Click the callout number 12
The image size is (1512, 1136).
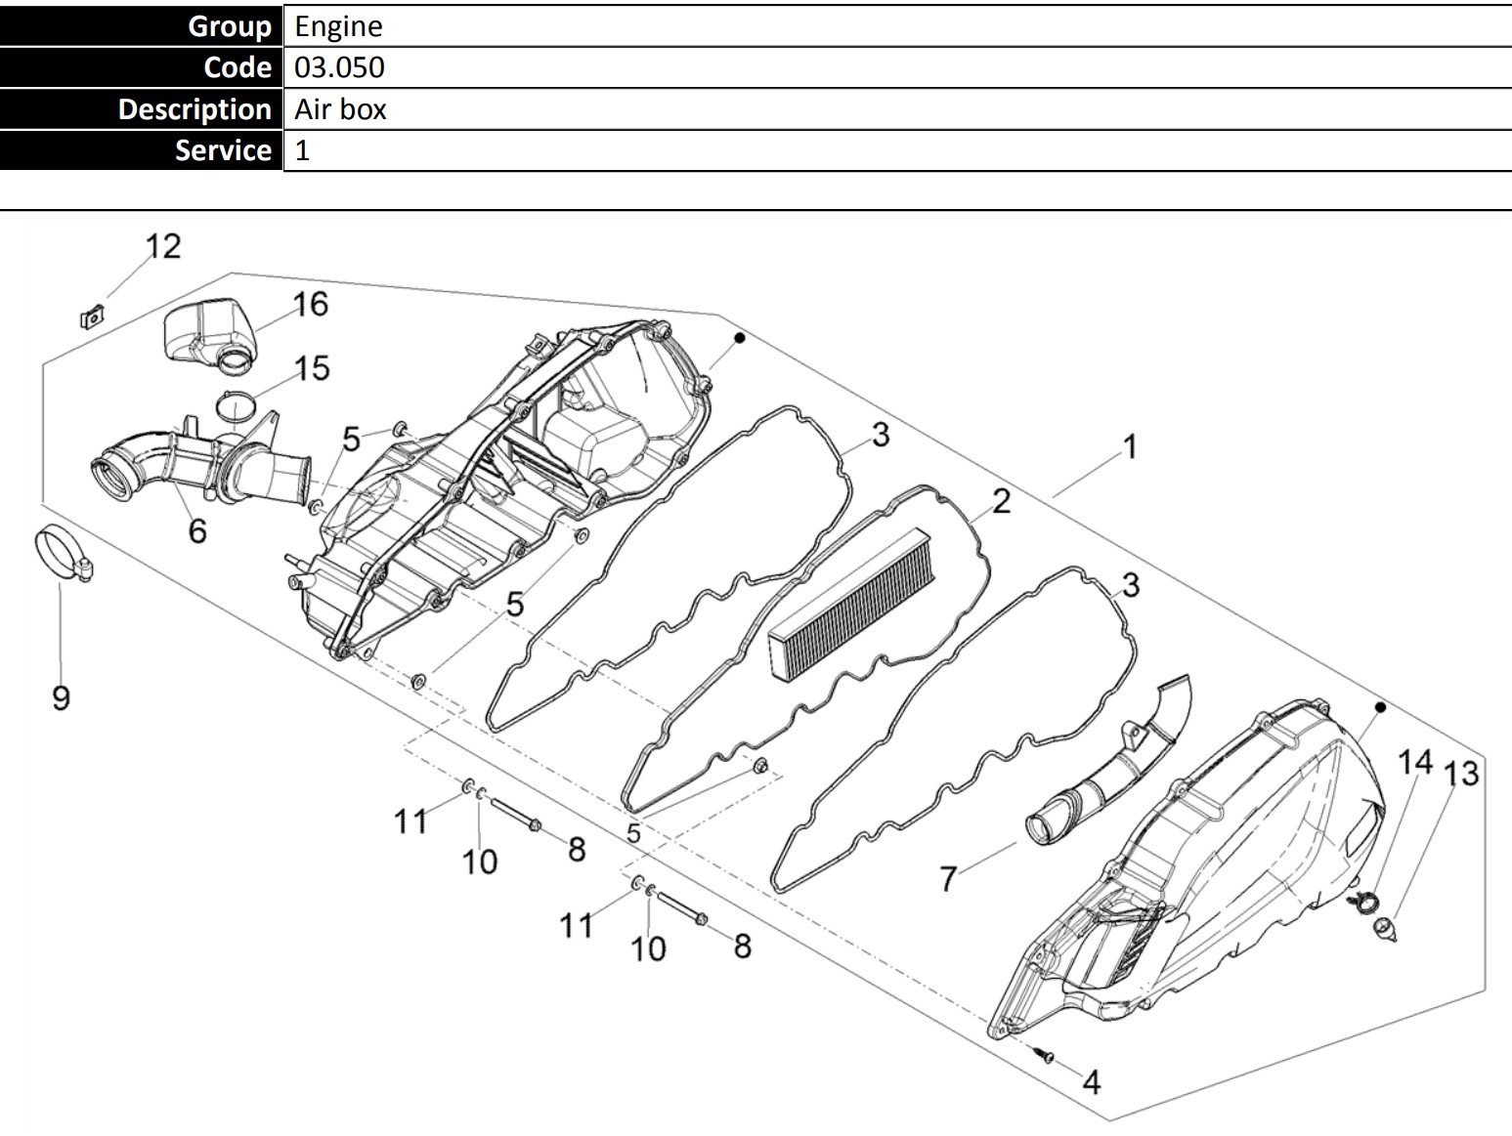163,246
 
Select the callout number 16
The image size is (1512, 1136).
311,305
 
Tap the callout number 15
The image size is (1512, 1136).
312,368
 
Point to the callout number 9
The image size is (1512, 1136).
62,698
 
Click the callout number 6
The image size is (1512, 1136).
197,530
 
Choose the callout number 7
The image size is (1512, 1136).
948,878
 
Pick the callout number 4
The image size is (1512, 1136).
1092,1082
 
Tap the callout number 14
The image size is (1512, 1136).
1415,762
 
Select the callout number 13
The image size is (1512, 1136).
1461,774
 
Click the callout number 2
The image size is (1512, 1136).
1002,501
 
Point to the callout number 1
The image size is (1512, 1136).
1131,446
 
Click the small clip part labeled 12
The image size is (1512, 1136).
92,316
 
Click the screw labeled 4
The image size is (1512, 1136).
1044,1054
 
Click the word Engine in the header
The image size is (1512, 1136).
338,26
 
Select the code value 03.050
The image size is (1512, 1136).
339,67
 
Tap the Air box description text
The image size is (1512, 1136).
340,109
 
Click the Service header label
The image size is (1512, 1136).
223,150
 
